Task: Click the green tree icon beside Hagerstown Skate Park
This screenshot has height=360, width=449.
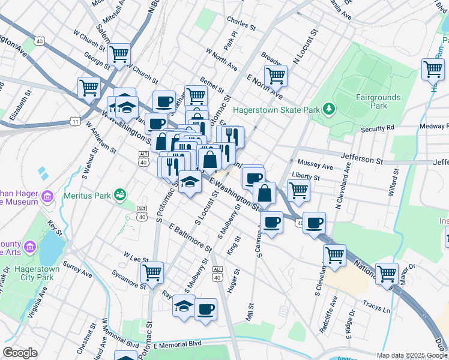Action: [x=328, y=109]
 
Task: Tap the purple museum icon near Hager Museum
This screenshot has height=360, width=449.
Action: [x=47, y=196]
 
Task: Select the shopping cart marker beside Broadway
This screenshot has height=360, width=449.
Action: [x=276, y=76]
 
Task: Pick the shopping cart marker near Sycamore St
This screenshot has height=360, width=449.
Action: [x=152, y=273]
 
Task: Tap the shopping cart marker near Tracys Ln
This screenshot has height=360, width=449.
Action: [x=387, y=274]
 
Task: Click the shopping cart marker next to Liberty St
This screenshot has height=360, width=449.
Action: [x=298, y=191]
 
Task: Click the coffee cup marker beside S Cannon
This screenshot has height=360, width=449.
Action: [x=271, y=223]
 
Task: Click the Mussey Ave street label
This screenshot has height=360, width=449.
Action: [x=315, y=165]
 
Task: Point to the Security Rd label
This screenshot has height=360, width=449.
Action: [x=377, y=128]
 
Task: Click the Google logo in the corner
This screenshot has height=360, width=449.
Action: [x=20, y=353]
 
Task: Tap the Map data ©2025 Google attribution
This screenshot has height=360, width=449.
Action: [x=411, y=355]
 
